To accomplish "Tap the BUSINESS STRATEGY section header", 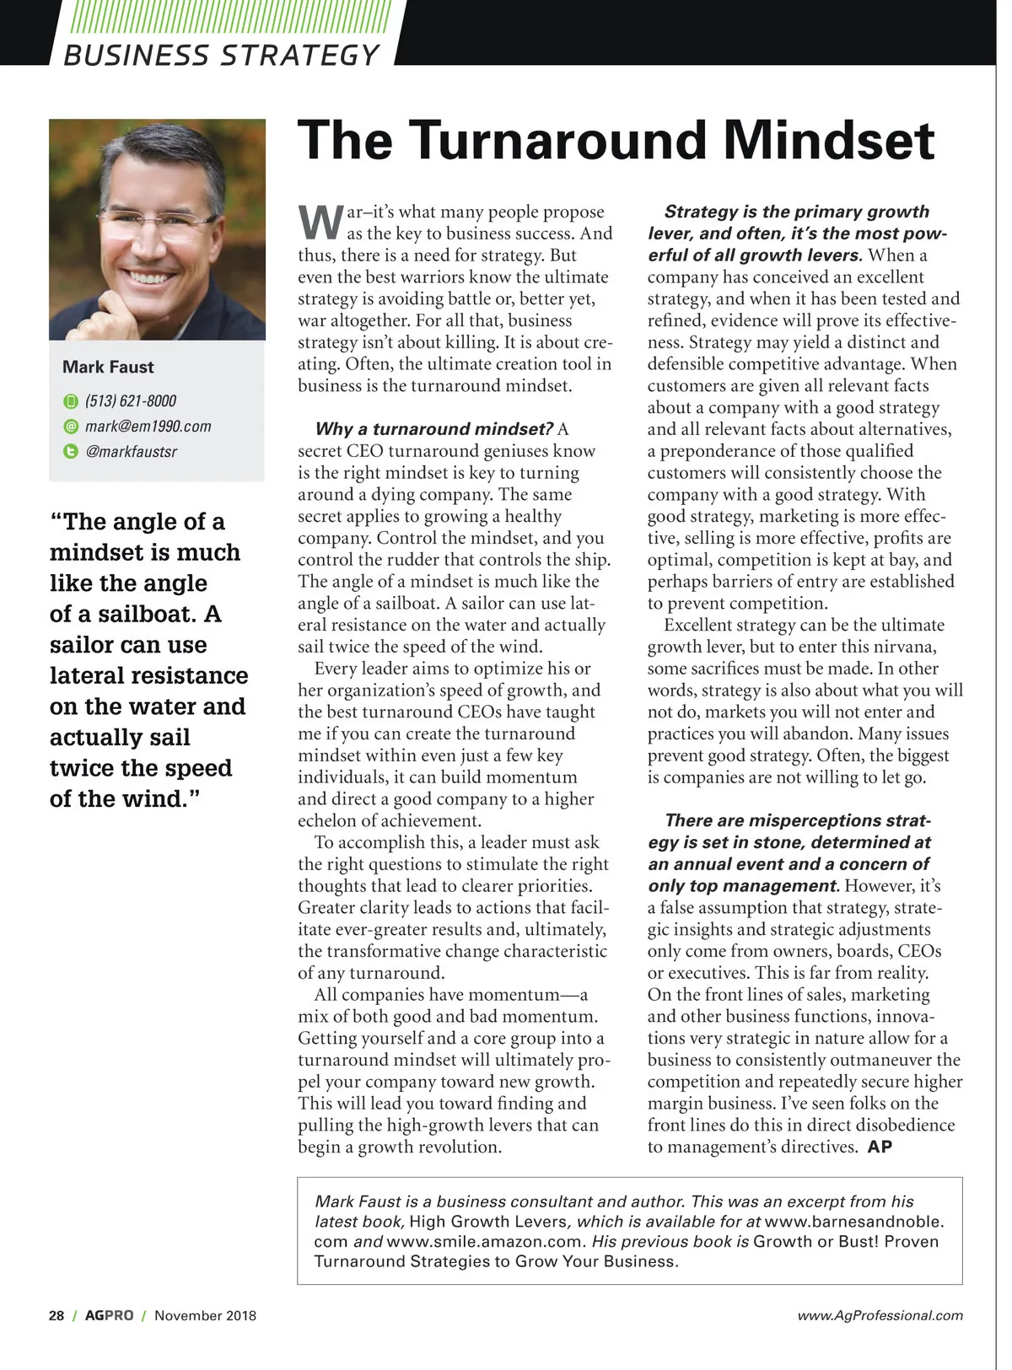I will tap(222, 56).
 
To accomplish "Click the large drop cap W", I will tap(320, 223).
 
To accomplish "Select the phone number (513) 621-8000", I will tap(131, 401).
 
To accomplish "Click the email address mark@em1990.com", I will tap(148, 427).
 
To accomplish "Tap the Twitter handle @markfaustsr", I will tap(132, 452).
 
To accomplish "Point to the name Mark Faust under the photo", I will tap(108, 368).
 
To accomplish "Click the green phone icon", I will tap(71, 401).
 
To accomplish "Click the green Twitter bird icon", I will tap(71, 452).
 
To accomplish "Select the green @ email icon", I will tap(71, 427).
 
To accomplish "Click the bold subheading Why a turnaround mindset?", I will tap(433, 429).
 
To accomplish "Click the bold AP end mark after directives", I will tap(880, 1147).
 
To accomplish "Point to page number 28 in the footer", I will tap(57, 1315).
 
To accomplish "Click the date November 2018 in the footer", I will tap(205, 1315).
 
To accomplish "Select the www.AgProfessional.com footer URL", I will tap(880, 1315).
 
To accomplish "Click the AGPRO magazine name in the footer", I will tap(109, 1315).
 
